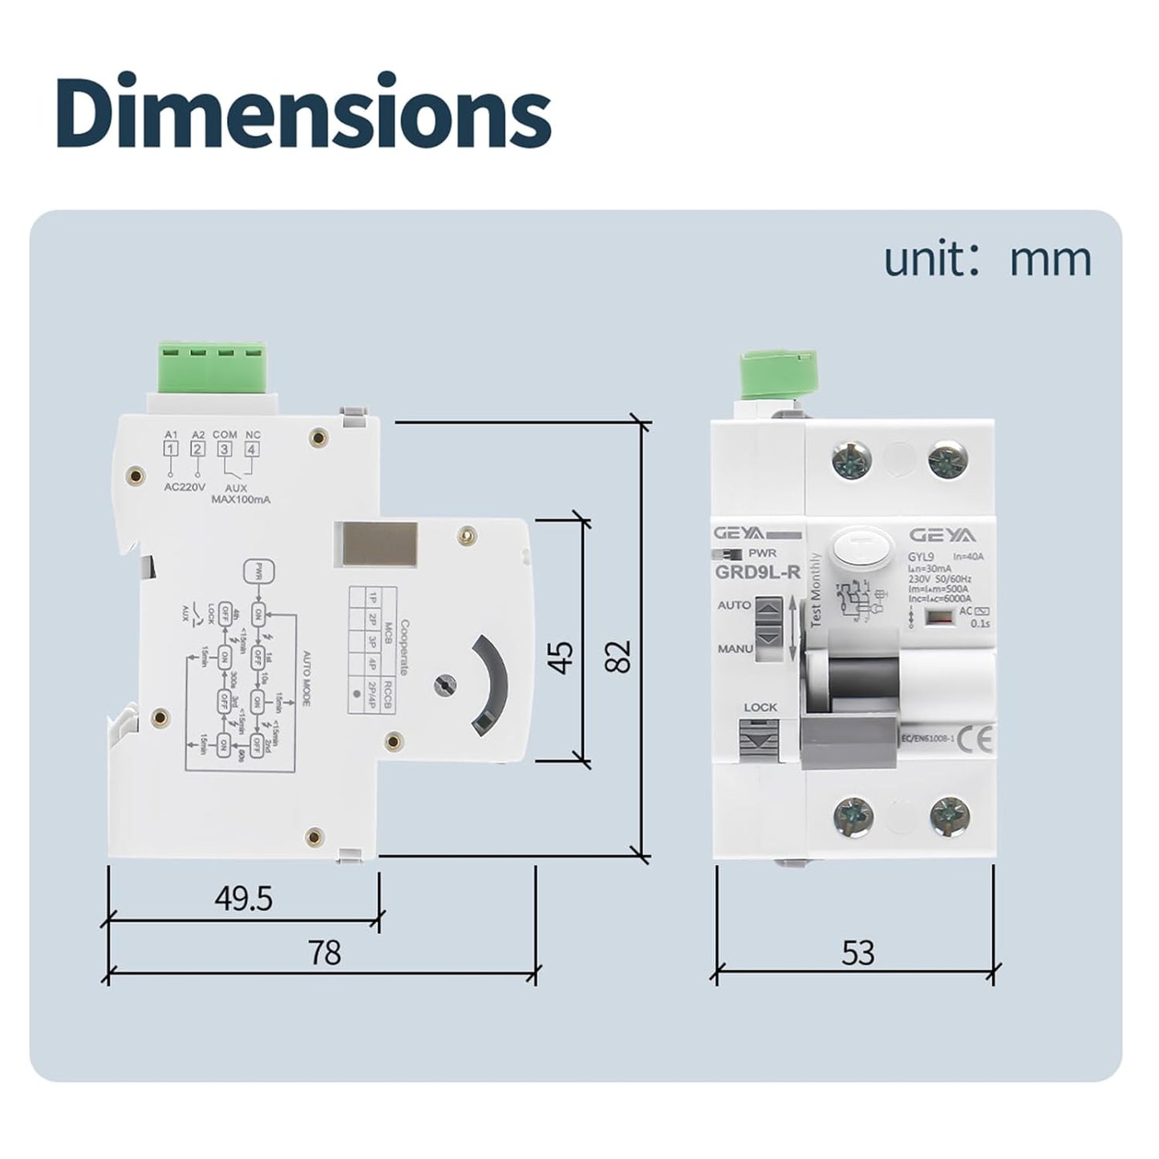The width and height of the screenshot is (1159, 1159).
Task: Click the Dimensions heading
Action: tap(304, 113)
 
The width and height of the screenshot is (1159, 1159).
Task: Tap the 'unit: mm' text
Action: tap(987, 260)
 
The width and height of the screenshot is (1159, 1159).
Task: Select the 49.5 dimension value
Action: tap(244, 899)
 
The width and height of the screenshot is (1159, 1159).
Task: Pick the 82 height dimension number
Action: tap(619, 655)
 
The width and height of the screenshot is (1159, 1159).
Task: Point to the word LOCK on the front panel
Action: tap(760, 707)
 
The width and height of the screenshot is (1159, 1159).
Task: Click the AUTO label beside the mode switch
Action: tap(734, 605)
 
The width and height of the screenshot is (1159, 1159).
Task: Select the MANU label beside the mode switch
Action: tap(735, 647)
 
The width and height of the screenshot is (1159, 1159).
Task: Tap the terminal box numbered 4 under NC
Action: tap(252, 449)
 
